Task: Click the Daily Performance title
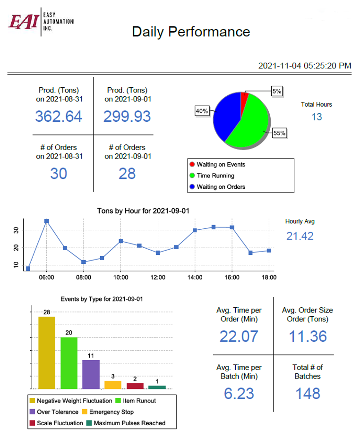tap(191, 32)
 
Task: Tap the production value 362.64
tap(59, 116)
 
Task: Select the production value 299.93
tap(127, 116)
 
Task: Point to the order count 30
tap(59, 174)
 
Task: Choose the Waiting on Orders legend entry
tap(221, 186)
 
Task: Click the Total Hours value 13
tap(317, 117)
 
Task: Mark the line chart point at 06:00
tap(46, 221)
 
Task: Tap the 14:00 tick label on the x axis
tap(195, 277)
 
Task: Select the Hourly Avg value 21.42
tap(300, 236)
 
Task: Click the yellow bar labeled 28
tap(46, 352)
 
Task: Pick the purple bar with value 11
tap(91, 374)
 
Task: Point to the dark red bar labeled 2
tap(135, 386)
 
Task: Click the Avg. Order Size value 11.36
tap(307, 336)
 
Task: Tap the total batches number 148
tap(307, 393)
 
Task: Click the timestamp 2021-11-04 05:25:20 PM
tap(304, 66)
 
